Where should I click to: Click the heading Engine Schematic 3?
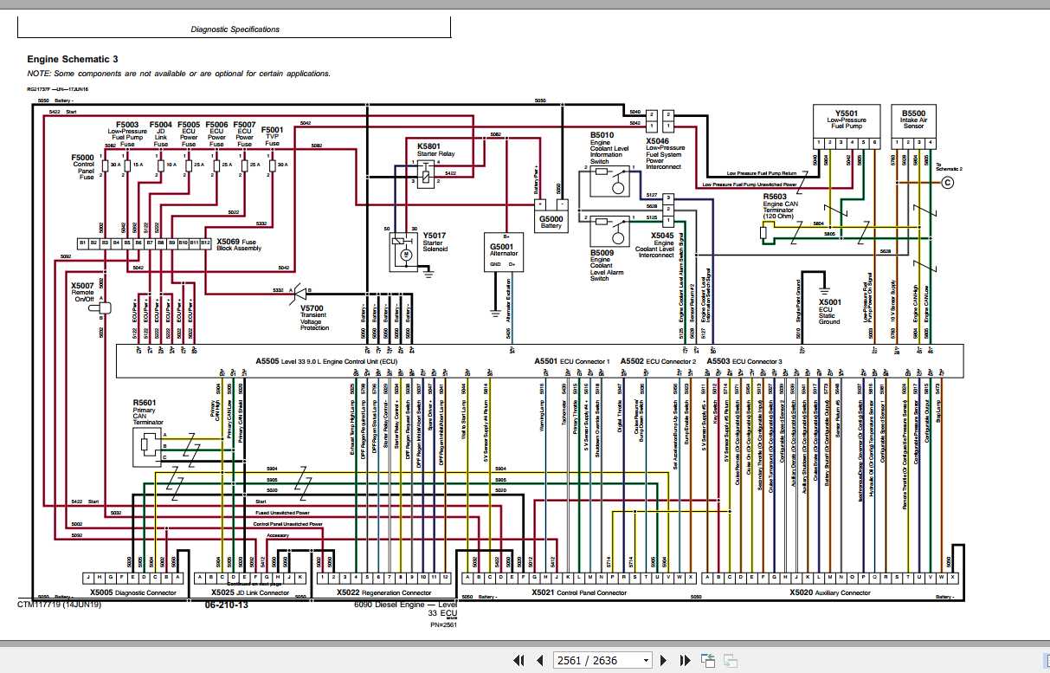tap(73, 59)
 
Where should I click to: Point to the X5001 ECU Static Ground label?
tap(829, 312)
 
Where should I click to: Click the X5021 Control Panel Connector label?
tap(578, 593)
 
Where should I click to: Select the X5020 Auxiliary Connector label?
tap(829, 593)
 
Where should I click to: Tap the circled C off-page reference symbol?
tap(947, 182)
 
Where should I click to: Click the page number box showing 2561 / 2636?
tap(601, 660)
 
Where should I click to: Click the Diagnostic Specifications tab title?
tap(235, 29)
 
